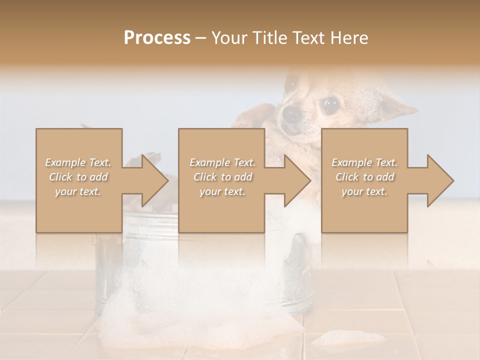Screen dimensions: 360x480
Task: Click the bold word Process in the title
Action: pyautogui.click(x=157, y=38)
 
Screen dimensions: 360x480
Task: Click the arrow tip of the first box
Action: pyautogui.click(x=167, y=180)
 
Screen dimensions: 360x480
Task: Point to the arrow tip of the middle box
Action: pyautogui.click(x=309, y=180)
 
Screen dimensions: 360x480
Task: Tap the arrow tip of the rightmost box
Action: pyautogui.click(x=452, y=180)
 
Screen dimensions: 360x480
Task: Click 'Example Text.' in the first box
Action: pyautogui.click(x=78, y=162)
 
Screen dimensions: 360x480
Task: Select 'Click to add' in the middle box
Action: pyautogui.click(x=222, y=177)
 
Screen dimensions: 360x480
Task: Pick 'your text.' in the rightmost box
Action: pyautogui.click(x=364, y=191)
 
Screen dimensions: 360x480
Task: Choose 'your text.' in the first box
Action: pyautogui.click(x=78, y=191)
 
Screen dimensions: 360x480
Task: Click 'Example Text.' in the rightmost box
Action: pyautogui.click(x=364, y=162)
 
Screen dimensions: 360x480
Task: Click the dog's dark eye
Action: pyautogui.click(x=329, y=105)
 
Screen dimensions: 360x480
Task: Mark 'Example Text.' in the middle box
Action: pyautogui.click(x=222, y=162)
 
